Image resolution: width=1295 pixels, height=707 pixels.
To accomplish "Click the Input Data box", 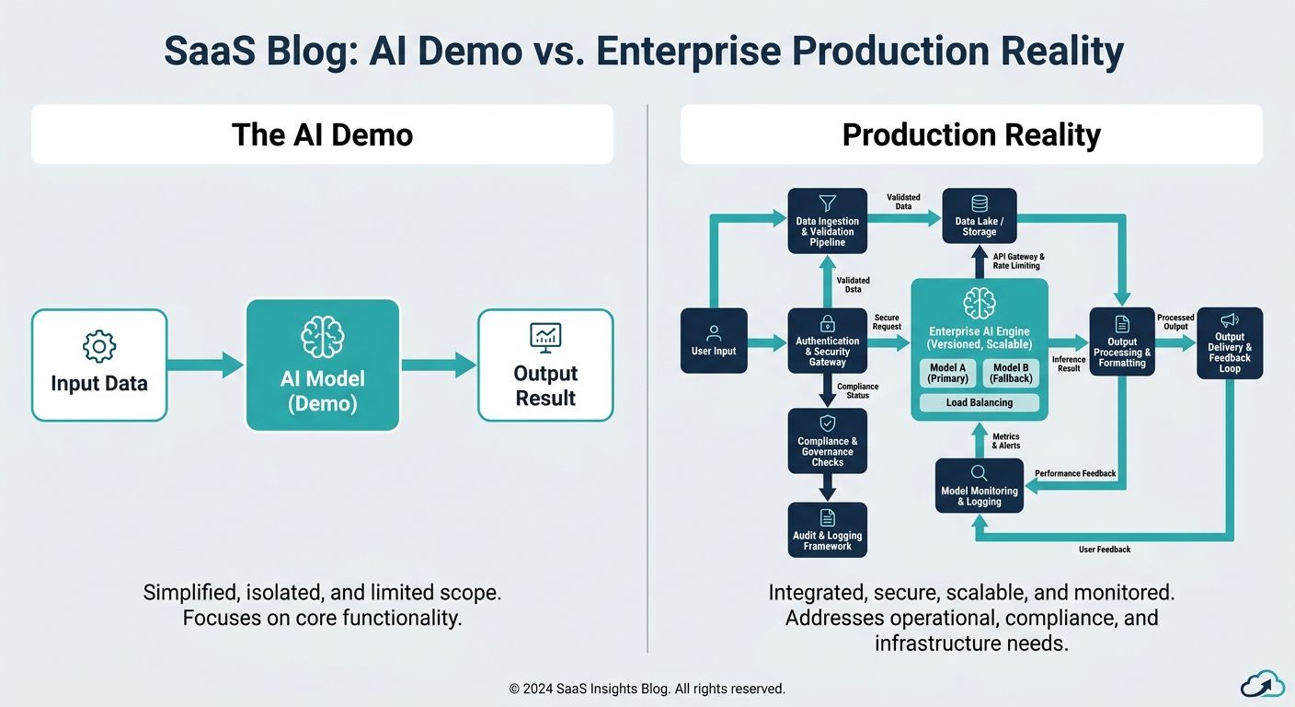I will coord(99,365).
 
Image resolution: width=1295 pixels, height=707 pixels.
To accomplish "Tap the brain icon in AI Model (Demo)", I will coord(322,338).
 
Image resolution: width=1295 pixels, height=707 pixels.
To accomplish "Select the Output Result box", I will coord(545,365).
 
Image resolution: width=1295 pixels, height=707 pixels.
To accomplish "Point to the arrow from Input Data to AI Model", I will coord(206,365).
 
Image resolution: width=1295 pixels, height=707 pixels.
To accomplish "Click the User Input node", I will coord(714,341).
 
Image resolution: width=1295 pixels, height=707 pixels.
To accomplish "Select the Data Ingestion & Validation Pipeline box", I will coord(827,221).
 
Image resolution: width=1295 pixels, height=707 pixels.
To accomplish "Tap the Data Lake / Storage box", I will coord(980,216).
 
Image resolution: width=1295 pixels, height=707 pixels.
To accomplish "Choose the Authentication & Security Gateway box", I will coord(827,341).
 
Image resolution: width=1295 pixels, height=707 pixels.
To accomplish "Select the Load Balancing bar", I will coord(979,402).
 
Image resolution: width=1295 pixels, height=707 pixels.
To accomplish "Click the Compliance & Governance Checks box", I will coord(827,441).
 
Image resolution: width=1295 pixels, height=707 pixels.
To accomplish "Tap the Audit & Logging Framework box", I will coord(827,529).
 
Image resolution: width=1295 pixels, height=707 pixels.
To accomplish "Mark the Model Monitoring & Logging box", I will coord(979,486).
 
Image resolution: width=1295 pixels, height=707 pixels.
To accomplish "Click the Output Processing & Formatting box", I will coord(1121,341).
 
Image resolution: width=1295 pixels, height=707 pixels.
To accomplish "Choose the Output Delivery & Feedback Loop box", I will coord(1230,342).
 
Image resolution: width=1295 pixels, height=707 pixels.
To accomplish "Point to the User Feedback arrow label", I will coord(1105,550).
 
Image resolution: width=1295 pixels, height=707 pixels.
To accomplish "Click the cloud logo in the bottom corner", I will coord(1261,683).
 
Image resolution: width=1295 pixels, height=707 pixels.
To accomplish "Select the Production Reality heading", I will coord(971,134).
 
